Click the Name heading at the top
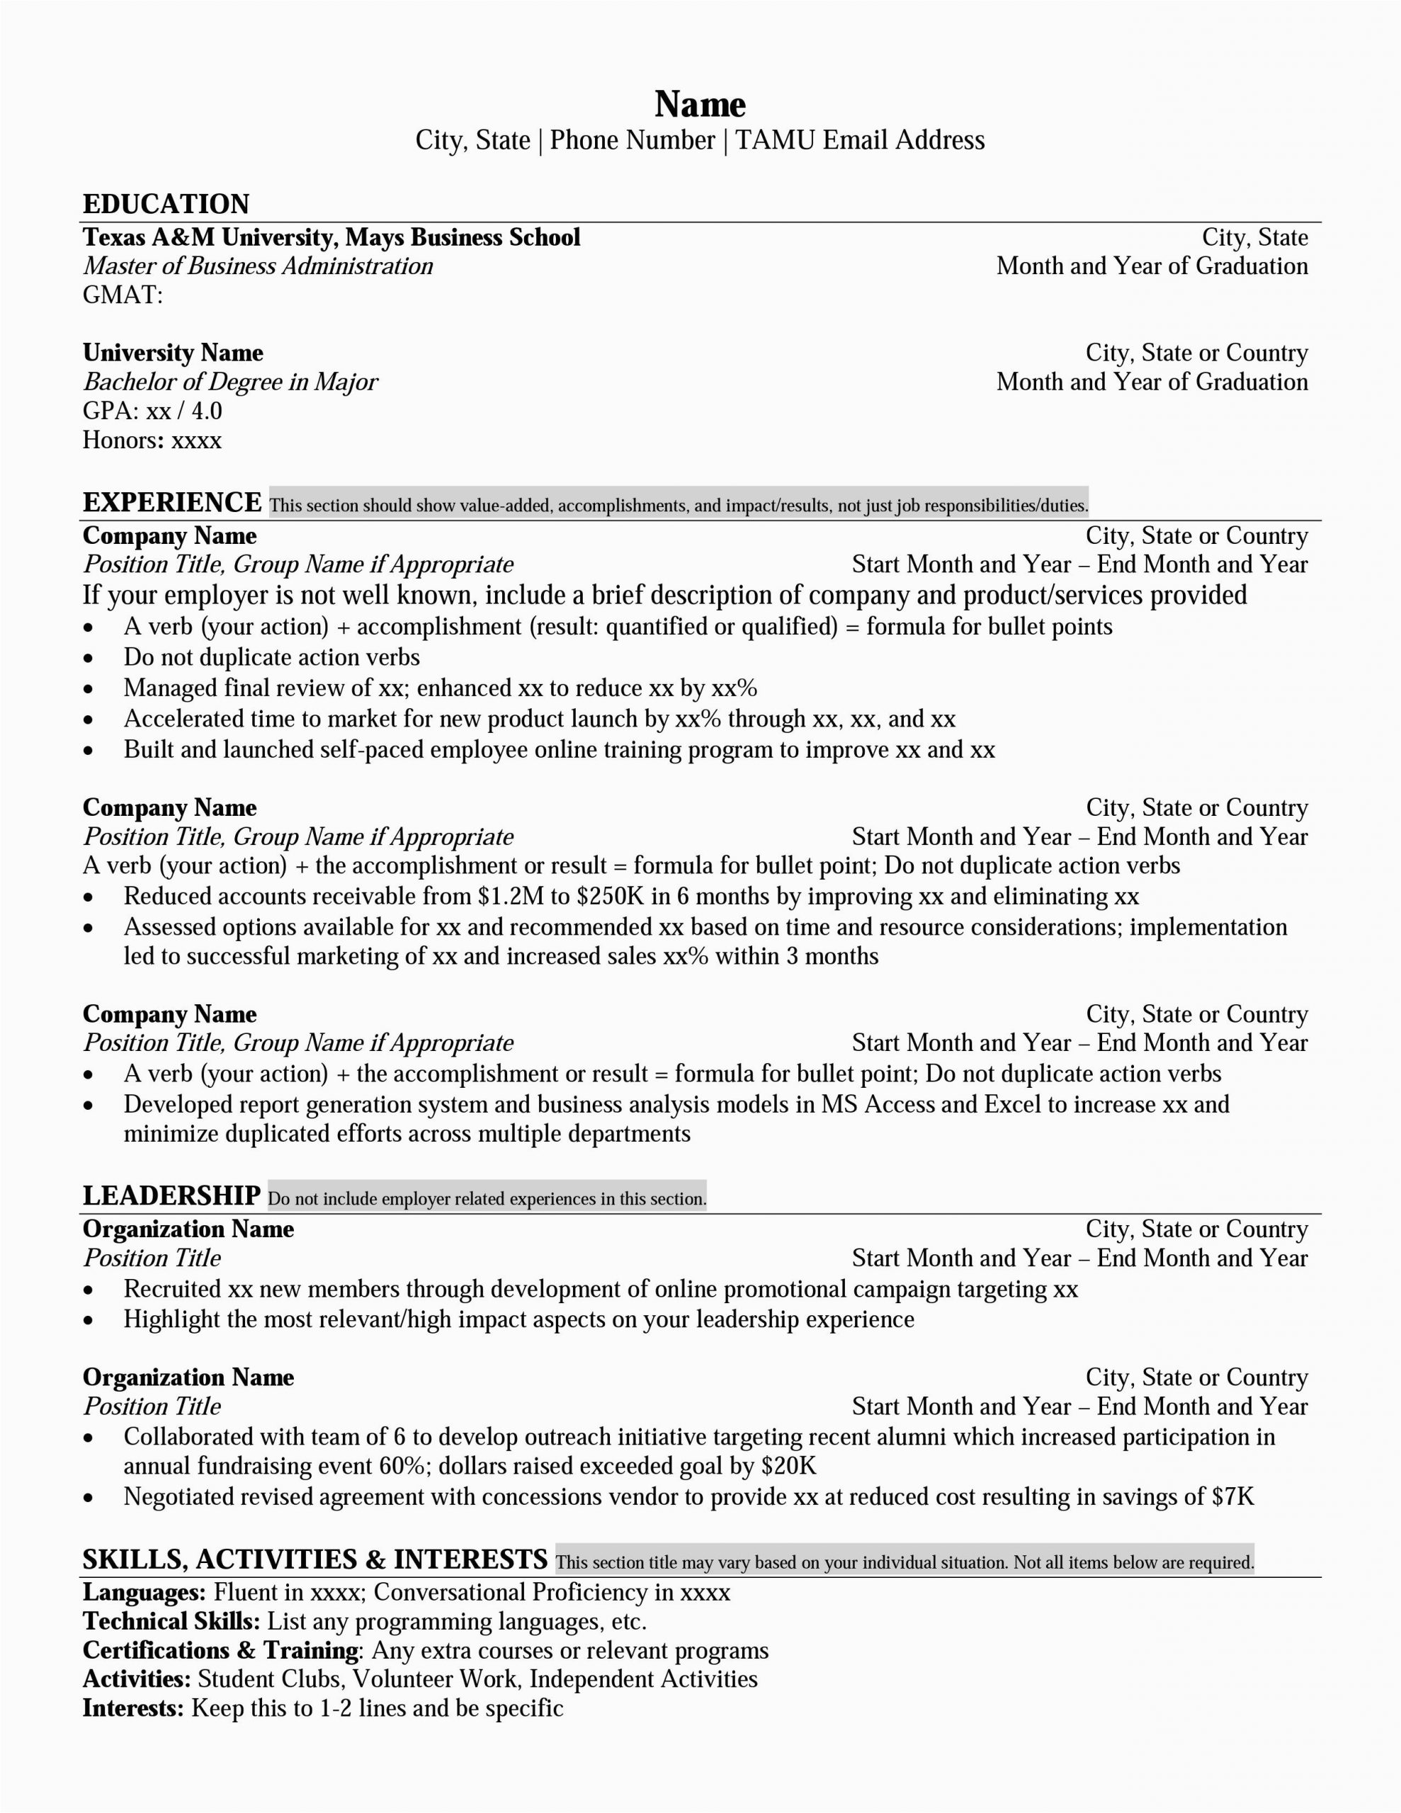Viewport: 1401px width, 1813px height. click(x=700, y=105)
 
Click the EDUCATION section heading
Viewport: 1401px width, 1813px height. click(x=166, y=204)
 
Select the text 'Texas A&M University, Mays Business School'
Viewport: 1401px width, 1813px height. click(x=331, y=237)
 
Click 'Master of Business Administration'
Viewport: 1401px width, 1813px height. click(x=257, y=266)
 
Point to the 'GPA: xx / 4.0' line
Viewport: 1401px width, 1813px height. click(x=152, y=411)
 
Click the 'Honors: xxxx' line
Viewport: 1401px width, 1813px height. click(x=152, y=440)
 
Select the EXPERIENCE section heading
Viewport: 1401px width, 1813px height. click(x=172, y=503)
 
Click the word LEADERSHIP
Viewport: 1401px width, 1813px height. click(x=172, y=1195)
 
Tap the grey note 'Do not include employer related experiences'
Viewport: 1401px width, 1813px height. click(x=487, y=1199)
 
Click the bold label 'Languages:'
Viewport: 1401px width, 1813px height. click(x=144, y=1592)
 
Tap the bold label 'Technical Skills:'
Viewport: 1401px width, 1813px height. click(x=172, y=1621)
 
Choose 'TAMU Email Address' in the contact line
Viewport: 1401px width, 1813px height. click(x=860, y=140)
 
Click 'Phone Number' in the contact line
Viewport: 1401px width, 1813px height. click(x=632, y=140)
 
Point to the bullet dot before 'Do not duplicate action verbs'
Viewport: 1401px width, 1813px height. click(x=89, y=659)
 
